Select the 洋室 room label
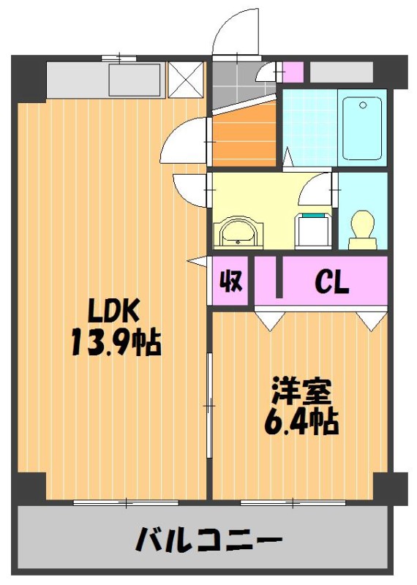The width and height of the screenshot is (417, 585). pos(301,392)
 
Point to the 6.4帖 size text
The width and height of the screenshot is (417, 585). pos(301,422)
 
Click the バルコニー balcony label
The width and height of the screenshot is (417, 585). pos(209,538)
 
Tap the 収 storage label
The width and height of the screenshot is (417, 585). pos(231,281)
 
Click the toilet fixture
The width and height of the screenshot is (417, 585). pos(362,230)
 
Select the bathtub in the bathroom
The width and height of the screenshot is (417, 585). pos(362,128)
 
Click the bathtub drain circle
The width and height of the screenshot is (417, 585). pos(363,105)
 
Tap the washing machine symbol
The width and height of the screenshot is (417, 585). pos(313,230)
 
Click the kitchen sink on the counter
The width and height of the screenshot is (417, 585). pos(135,79)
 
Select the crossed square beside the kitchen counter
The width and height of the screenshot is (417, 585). pos(186,80)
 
